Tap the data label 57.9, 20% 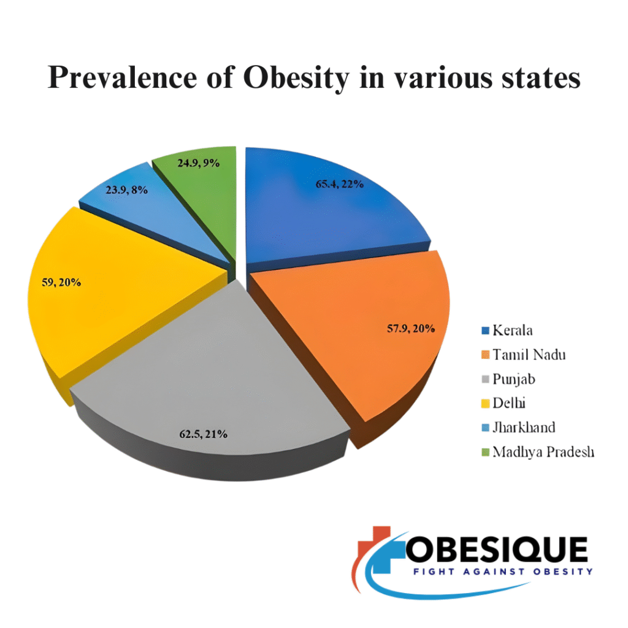411,329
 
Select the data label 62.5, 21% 204,434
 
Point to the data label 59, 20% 61,283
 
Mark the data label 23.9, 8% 126,190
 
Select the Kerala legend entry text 513,331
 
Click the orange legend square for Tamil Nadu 484,355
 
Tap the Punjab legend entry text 514,379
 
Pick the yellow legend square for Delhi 484,404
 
